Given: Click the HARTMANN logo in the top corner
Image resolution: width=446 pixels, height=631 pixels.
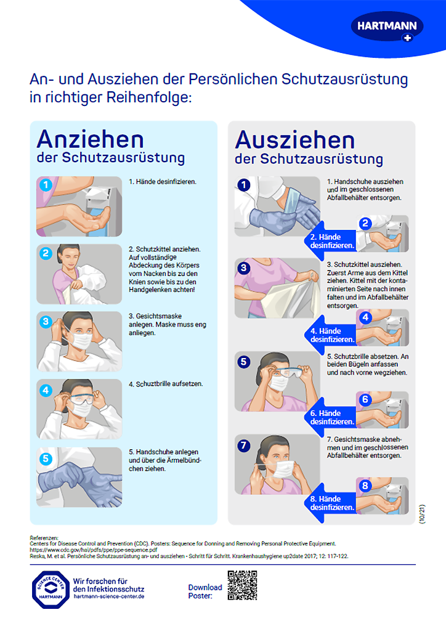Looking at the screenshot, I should tap(387, 27).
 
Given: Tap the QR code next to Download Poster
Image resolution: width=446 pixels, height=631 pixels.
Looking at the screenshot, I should tap(242, 585).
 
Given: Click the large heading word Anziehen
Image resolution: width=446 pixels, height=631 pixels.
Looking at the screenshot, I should tap(91, 138).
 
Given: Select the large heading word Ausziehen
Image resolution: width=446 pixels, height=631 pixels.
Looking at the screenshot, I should tap(294, 140).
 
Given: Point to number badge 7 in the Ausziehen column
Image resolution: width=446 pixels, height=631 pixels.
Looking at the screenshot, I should tap(244, 445).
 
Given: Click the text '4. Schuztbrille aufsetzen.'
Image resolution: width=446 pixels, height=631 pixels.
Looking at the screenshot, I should tap(166, 384).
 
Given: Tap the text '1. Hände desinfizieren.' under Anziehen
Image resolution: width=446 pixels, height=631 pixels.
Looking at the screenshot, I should tap(162, 182).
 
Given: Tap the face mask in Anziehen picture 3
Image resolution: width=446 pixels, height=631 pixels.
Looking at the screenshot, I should tap(81, 340).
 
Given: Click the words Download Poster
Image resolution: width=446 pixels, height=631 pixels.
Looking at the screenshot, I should tap(205, 592).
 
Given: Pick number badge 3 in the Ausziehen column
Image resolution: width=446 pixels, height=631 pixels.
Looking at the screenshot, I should tap(244, 268).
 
